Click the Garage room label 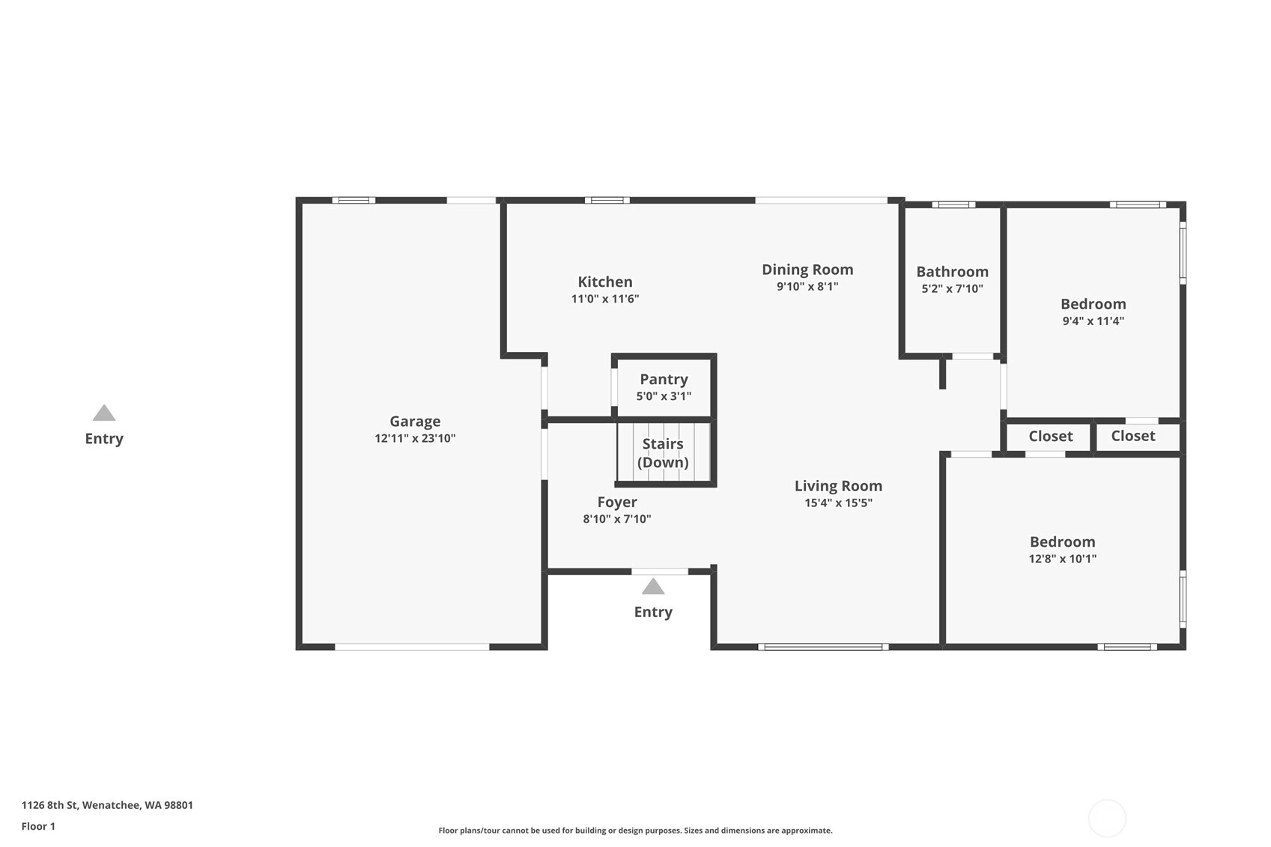415,422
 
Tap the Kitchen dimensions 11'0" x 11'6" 605,299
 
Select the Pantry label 664,379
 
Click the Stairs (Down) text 663,453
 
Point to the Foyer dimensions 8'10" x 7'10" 616,519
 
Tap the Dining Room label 807,270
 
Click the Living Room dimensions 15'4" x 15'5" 838,503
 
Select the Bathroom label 952,272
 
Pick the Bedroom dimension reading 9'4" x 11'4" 1093,321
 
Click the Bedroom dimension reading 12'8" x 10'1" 1062,559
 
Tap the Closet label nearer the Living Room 1050,437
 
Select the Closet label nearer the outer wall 1132,436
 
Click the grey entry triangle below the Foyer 653,586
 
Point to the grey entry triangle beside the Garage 104,413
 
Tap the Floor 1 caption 38,827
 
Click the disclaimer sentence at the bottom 635,831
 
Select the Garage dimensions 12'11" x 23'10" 415,439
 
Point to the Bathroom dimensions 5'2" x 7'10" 952,289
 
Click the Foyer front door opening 660,571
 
